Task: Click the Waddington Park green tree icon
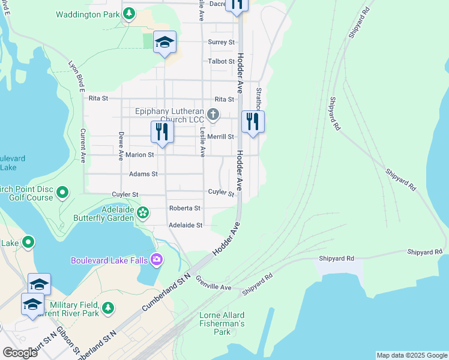128,14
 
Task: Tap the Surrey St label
221,42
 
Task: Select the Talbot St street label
221,61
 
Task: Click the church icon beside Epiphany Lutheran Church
212,114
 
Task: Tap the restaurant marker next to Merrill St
252,122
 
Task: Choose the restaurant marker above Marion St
162,132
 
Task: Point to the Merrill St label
221,137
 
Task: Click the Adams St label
143,174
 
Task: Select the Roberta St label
184,208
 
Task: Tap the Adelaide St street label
185,225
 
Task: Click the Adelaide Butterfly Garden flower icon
143,212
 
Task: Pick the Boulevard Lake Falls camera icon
157,259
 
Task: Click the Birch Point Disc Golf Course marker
62,193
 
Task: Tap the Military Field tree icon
107,308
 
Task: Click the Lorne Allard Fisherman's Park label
222,323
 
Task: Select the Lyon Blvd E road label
76,76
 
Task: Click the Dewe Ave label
121,146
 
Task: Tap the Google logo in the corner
20,352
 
